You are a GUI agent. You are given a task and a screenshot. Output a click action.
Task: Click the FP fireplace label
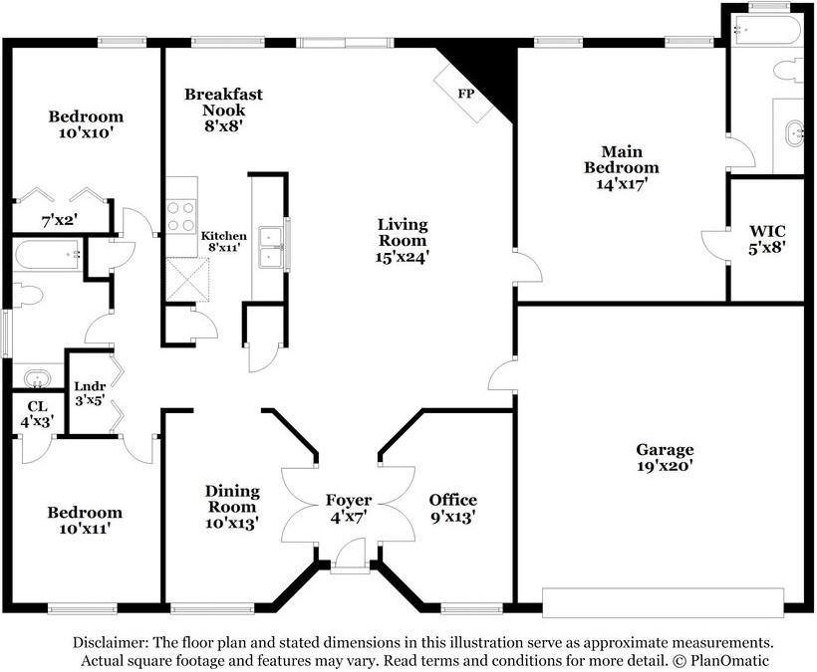pyautogui.click(x=466, y=94)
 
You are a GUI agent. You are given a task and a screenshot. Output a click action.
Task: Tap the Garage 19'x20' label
pyautogui.click(x=665, y=457)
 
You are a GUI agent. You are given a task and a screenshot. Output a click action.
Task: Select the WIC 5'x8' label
pyautogui.click(x=767, y=239)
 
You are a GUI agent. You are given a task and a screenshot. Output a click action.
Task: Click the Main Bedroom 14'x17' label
pyautogui.click(x=621, y=167)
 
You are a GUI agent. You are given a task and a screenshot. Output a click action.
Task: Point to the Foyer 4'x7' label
pyautogui.click(x=349, y=508)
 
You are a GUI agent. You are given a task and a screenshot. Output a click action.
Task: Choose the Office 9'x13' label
pyautogui.click(x=452, y=508)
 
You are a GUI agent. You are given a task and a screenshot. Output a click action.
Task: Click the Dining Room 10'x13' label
pyautogui.click(x=232, y=507)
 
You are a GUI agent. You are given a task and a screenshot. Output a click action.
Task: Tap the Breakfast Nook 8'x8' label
pyautogui.click(x=223, y=110)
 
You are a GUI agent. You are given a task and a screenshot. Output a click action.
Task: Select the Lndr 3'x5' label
pyautogui.click(x=90, y=393)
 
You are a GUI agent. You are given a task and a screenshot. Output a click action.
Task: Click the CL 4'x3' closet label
pyautogui.click(x=37, y=414)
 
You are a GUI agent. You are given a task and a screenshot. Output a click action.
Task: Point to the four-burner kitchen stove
pyautogui.click(x=180, y=217)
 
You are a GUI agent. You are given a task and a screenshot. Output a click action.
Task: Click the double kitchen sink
pyautogui.click(x=271, y=247)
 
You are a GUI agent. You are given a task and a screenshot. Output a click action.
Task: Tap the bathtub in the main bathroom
pyautogui.click(x=765, y=30)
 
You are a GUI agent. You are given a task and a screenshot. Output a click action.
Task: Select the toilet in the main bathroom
pyautogui.click(x=788, y=71)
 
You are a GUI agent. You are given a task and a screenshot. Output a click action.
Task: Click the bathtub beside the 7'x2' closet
pyautogui.click(x=48, y=255)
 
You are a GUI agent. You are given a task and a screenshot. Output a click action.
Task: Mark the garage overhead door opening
pyautogui.click(x=663, y=602)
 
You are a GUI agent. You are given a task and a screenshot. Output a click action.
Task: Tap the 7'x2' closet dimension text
pyautogui.click(x=60, y=221)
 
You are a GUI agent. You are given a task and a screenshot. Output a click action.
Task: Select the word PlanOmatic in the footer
pyautogui.click(x=729, y=661)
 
